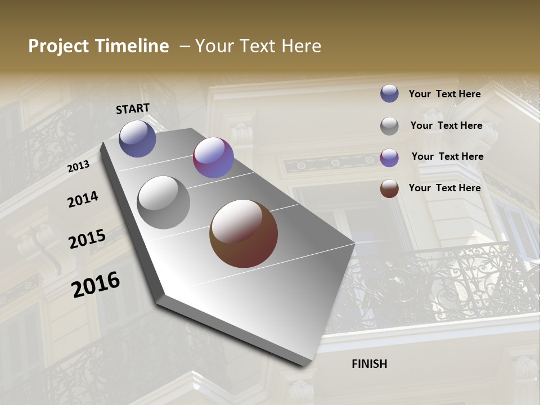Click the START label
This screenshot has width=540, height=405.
pyautogui.click(x=133, y=109)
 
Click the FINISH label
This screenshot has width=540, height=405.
pyautogui.click(x=370, y=364)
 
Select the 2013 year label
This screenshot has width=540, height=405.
pyautogui.click(x=79, y=166)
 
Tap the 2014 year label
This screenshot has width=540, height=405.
pyautogui.click(x=83, y=200)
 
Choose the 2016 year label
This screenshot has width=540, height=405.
pyautogui.click(x=96, y=284)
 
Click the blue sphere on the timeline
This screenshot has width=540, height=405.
pyautogui.click(x=137, y=138)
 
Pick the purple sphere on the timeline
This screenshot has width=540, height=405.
pyautogui.click(x=213, y=157)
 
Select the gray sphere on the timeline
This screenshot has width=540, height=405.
pyautogui.click(x=164, y=202)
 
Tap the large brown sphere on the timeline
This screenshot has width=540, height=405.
pyautogui.click(x=244, y=233)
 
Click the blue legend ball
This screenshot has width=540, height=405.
pyautogui.click(x=389, y=93)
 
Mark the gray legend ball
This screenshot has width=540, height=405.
pyautogui.click(x=389, y=126)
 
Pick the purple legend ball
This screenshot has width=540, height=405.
pyautogui.click(x=389, y=157)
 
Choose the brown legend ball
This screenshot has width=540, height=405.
pyautogui.click(x=389, y=188)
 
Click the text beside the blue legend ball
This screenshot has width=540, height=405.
pyautogui.click(x=444, y=94)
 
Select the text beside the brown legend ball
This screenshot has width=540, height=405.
pyautogui.click(x=444, y=188)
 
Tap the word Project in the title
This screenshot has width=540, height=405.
pyautogui.click(x=58, y=46)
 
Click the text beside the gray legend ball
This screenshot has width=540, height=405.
pyautogui.click(x=446, y=125)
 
